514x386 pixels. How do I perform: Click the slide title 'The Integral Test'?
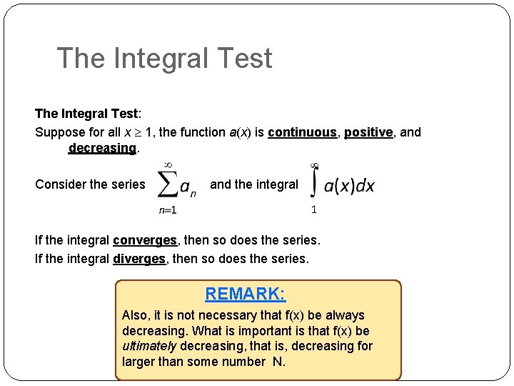tap(164, 58)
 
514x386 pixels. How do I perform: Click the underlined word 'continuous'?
tap(302, 132)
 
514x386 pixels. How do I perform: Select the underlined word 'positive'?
tap(368, 132)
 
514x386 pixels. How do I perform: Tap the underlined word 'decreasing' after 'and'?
tap(101, 148)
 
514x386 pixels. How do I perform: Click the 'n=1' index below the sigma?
tap(167, 209)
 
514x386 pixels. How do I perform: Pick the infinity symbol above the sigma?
tap(168, 164)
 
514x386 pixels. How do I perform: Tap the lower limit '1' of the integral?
tap(314, 209)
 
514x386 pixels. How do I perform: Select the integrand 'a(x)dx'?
tap(349, 186)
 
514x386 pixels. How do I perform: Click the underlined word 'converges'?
tap(145, 241)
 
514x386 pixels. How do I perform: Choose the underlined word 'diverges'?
tap(139, 258)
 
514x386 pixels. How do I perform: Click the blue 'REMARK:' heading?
tap(245, 294)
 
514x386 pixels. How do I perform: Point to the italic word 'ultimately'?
tap(149, 346)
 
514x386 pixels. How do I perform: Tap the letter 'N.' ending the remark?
tap(278, 362)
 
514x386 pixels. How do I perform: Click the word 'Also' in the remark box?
tap(135, 315)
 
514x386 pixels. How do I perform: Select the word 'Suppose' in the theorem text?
tap(58, 132)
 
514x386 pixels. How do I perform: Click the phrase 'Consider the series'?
tap(90, 184)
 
